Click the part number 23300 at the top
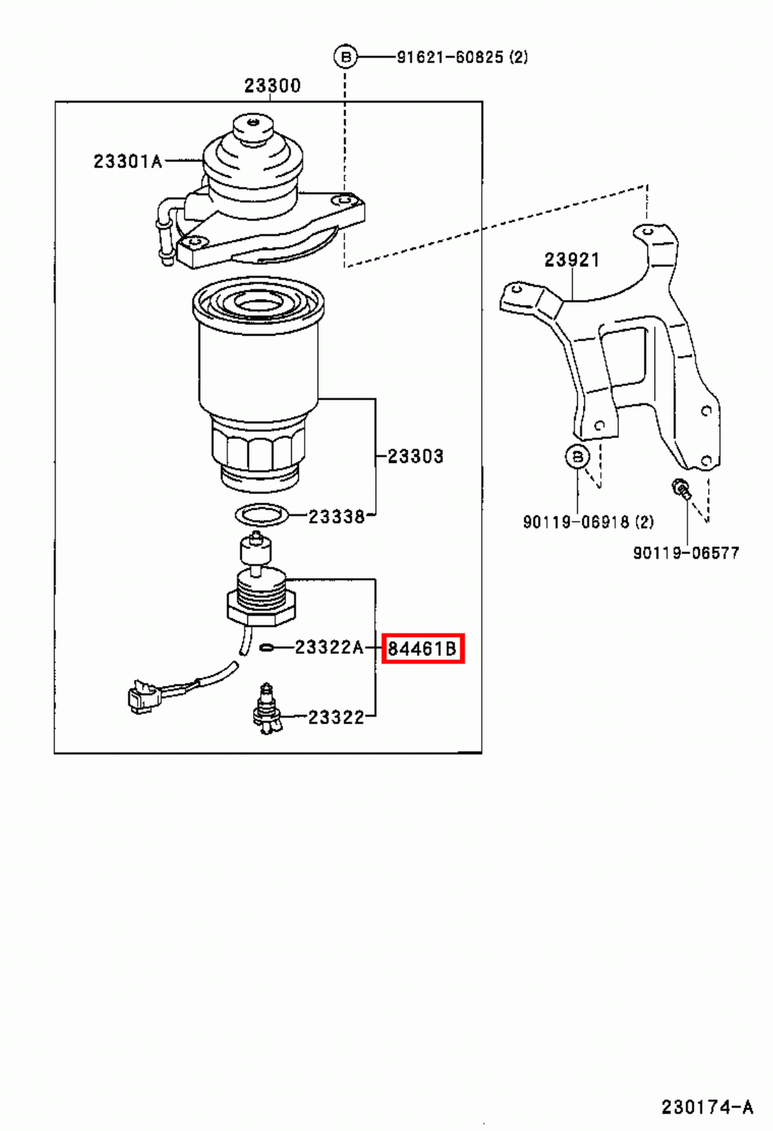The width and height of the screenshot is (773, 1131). (272, 86)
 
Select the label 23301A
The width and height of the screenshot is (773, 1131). (127, 162)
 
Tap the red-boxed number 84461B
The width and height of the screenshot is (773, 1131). (423, 648)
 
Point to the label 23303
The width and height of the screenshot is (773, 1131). (415, 457)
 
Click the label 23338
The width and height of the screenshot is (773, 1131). (336, 517)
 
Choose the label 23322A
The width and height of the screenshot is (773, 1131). (329, 647)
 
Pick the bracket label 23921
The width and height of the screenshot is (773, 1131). (572, 260)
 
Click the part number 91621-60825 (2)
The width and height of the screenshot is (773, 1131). (462, 57)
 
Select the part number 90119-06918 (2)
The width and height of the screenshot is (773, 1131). (588, 522)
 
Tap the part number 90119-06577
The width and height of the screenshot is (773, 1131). (685, 553)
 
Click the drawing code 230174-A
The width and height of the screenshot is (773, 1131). (707, 1107)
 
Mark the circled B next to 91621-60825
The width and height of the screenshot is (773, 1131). (346, 57)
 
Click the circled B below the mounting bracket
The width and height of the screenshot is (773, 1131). (577, 457)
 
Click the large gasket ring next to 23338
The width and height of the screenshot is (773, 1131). (261, 515)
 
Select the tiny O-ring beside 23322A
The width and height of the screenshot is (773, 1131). (267, 647)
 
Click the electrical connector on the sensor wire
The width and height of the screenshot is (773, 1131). (141, 696)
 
